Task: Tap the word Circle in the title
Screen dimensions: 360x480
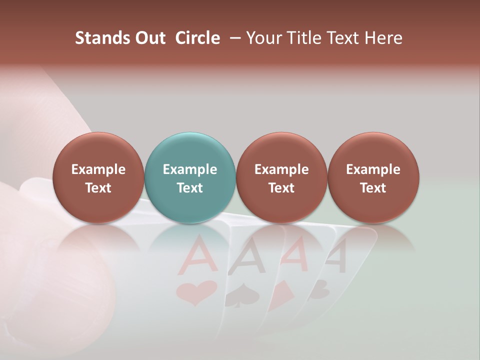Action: click(x=197, y=38)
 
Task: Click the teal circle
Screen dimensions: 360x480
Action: click(x=189, y=177)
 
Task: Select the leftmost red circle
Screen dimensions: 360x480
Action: click(x=98, y=177)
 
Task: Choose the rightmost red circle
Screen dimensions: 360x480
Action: click(x=373, y=177)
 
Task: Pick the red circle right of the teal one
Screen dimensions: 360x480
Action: click(x=281, y=177)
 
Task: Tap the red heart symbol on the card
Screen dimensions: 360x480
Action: click(x=197, y=292)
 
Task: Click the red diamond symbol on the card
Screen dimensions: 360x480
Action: click(x=282, y=292)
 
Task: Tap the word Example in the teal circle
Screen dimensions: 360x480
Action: click(x=189, y=169)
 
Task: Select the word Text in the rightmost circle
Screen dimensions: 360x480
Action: click(x=373, y=187)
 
